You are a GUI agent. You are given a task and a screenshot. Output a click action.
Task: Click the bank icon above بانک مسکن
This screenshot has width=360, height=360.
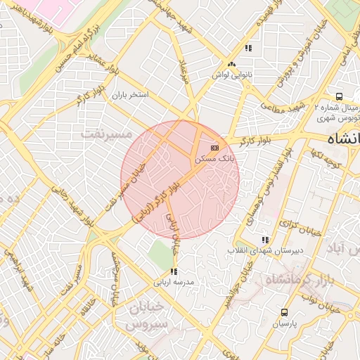tap(214, 148)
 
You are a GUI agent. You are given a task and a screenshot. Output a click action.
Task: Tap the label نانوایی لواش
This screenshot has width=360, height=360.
tap(231, 74)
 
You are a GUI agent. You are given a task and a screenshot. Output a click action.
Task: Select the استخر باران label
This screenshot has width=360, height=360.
tap(135, 94)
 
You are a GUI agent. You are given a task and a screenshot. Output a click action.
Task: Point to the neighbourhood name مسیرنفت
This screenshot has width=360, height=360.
tap(106, 132)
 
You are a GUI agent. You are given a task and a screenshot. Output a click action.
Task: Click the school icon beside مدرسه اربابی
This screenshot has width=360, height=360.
tap(174, 271)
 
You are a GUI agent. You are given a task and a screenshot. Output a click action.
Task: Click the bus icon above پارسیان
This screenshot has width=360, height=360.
tap(285, 312)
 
